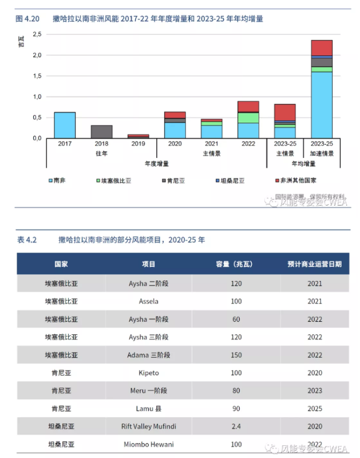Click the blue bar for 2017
(x=65, y=125)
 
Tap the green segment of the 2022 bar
(x=248, y=117)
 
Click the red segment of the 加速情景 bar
(x=322, y=48)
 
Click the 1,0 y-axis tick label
(x=35, y=97)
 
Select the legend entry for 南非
(x=57, y=180)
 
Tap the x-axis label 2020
(x=175, y=144)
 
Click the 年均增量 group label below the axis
(x=303, y=164)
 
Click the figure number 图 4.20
(x=27, y=19)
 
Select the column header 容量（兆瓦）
(x=236, y=264)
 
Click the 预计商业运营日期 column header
(x=314, y=264)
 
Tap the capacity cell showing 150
(x=236, y=355)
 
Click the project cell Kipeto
(x=148, y=373)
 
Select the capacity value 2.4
(x=236, y=427)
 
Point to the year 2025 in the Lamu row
(x=314, y=409)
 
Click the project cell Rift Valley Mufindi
(x=148, y=427)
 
